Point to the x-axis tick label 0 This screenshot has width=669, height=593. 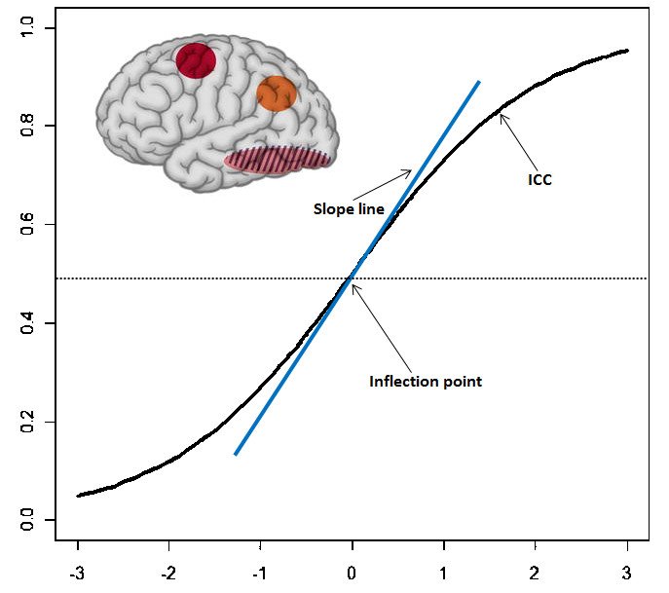coord(353,572)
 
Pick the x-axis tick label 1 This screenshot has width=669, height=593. coord(444,572)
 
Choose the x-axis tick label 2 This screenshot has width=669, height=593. coord(536,572)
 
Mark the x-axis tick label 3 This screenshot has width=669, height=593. coord(627,572)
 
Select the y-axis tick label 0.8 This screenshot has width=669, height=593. coord(27,126)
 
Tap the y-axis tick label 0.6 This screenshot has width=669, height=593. coord(27,225)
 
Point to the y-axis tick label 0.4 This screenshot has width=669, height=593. coord(27,323)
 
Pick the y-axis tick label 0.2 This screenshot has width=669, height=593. coord(27,423)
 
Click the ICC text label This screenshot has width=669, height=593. coord(539,180)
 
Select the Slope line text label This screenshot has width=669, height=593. coord(349,208)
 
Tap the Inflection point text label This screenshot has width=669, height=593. coord(426,382)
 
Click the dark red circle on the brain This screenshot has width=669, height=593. coord(196,60)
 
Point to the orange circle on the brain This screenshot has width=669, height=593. coord(277,93)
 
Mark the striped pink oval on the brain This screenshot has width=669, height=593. coord(279,160)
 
